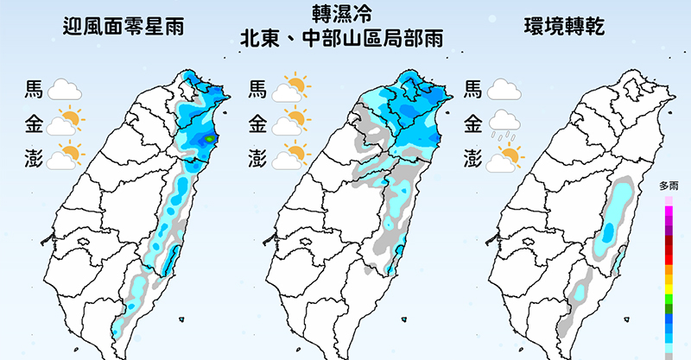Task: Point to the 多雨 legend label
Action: (x=669, y=186)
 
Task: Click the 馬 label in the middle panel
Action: (x=257, y=89)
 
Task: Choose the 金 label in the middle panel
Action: (x=257, y=123)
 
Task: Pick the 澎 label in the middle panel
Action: (x=257, y=158)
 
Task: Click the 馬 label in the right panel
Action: (x=473, y=89)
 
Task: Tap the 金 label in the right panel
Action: (x=473, y=123)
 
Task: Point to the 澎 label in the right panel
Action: (x=473, y=158)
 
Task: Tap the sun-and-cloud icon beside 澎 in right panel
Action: (x=506, y=158)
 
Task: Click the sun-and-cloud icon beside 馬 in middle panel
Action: (x=292, y=88)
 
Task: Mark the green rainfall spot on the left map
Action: (x=209, y=138)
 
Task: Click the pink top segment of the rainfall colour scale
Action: (x=669, y=202)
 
